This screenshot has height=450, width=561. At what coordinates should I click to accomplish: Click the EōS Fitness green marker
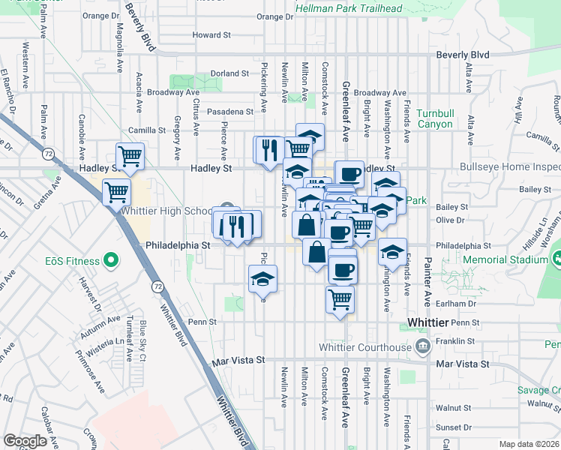[111, 261]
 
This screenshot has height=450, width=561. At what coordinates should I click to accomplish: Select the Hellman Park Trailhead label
[349, 8]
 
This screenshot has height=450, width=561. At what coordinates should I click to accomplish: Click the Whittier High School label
[168, 211]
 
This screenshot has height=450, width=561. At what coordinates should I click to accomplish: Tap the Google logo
[25, 441]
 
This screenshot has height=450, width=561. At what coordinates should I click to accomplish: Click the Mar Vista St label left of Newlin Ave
[239, 360]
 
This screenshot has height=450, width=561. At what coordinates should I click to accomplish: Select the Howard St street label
[211, 34]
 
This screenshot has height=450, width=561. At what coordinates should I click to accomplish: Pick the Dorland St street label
[229, 73]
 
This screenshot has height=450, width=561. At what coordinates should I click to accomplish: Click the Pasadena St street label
[231, 111]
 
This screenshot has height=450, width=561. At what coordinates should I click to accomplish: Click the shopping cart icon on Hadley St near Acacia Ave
[130, 157]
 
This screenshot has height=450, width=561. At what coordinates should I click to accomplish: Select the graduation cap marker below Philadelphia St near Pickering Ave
[262, 279]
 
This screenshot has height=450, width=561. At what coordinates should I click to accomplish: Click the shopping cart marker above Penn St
[340, 300]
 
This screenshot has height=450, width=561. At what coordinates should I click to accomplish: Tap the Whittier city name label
[427, 322]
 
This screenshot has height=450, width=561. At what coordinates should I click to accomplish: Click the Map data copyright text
[529, 444]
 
